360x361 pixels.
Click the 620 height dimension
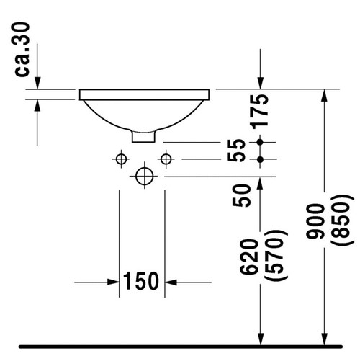[246, 256]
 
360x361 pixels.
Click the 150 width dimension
[143, 281]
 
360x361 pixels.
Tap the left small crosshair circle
[120, 158]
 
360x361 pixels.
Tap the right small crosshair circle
[166, 158]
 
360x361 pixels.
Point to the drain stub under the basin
[144, 135]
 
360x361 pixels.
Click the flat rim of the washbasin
[144, 94]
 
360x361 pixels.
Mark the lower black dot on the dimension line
[261, 158]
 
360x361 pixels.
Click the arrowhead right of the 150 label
[174, 281]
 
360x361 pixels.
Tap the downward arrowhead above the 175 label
[261, 83]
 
